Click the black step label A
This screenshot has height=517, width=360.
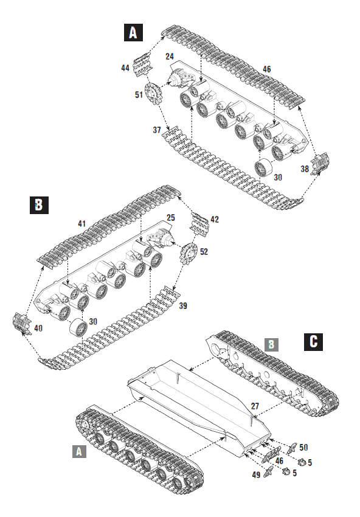pyautogui.click(x=133, y=32)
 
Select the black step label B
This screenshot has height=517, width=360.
pyautogui.click(x=39, y=205)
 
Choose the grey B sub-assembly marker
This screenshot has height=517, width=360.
pyautogui.click(x=271, y=344)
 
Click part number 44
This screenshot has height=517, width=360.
pyautogui.click(x=125, y=68)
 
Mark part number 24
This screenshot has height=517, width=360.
pyautogui.click(x=170, y=57)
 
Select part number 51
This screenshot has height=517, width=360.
pyautogui.click(x=139, y=94)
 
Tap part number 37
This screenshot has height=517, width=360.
pyautogui.click(x=156, y=130)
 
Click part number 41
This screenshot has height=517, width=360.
pyautogui.click(x=81, y=223)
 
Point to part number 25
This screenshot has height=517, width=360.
pyautogui.click(x=170, y=217)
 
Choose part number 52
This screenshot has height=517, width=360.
pyautogui.click(x=202, y=251)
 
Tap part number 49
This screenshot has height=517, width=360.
pyautogui.click(x=255, y=473)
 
